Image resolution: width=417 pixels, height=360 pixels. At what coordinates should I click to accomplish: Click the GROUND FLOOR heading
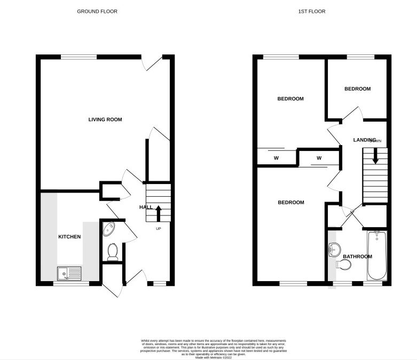pyautogui.click(x=97, y=11)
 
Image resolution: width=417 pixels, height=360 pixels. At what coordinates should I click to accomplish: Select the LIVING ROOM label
pyautogui.click(x=105, y=119)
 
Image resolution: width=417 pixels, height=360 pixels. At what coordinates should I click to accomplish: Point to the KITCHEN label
pyautogui.click(x=69, y=236)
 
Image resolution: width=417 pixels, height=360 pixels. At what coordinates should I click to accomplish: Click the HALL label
pyautogui.click(x=146, y=207)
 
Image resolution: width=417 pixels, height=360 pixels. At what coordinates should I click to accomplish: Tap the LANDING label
pyautogui.click(x=365, y=140)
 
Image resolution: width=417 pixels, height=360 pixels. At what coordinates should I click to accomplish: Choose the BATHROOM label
pyautogui.click(x=357, y=257)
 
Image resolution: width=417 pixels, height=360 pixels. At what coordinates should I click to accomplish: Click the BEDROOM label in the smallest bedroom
pyautogui.click(x=357, y=89)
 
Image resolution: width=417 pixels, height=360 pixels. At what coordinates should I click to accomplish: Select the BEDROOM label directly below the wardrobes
pyautogui.click(x=290, y=202)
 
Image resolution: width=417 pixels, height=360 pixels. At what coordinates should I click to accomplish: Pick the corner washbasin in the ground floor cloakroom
pyautogui.click(x=107, y=228)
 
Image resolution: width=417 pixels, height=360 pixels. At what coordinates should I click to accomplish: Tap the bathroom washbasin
pyautogui.click(x=335, y=248)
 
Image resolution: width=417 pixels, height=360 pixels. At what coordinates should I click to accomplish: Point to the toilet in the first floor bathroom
pyautogui.click(x=340, y=264)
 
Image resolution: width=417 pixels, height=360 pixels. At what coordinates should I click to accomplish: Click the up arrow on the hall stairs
pyautogui.click(x=158, y=214)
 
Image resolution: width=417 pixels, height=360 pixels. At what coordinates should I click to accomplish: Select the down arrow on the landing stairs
pyautogui.click(x=375, y=157)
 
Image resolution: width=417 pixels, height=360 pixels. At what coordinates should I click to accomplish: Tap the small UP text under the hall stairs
pyautogui.click(x=158, y=229)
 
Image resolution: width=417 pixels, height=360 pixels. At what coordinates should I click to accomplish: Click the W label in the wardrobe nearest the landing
pyautogui.click(x=319, y=158)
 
